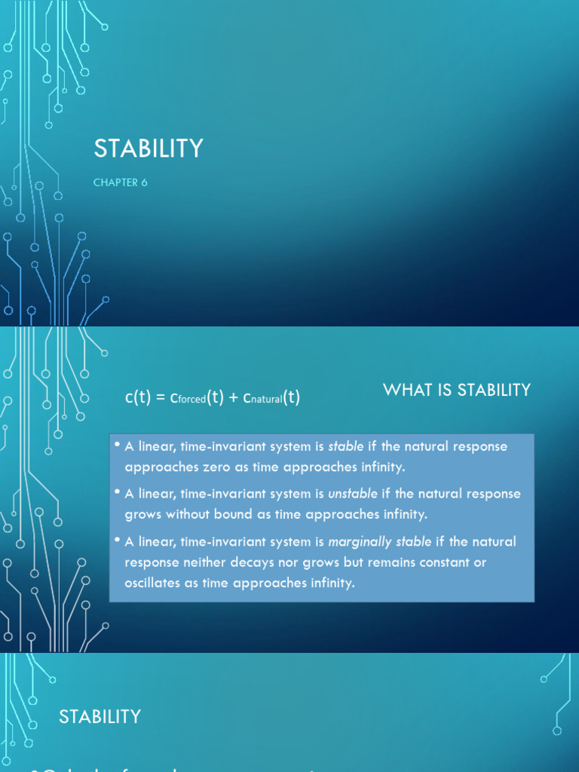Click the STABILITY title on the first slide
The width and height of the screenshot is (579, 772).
tap(149, 149)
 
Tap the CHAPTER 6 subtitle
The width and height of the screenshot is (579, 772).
tap(121, 182)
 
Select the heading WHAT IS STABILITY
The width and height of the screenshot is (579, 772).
tap(457, 390)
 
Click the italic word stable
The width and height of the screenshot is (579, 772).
tap(345, 446)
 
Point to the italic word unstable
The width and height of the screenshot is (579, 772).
tap(353, 494)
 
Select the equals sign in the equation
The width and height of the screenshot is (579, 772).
tap(160, 398)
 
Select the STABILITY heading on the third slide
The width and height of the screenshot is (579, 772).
tap(100, 716)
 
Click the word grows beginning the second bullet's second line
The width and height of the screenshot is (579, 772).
tap(142, 515)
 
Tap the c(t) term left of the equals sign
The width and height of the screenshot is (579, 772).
tap(138, 398)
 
